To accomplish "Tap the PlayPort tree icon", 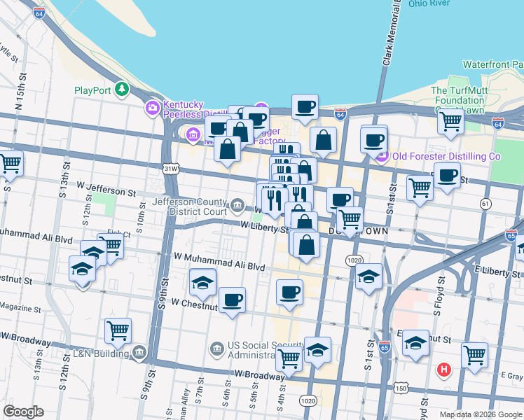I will pyautogui.click(x=123, y=89).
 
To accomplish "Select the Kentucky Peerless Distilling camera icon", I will pyautogui.click(x=152, y=107).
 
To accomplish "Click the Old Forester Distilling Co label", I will pyautogui.click(x=446, y=156).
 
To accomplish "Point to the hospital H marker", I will pyautogui.click(x=443, y=370).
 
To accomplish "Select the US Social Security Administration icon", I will pyautogui.click(x=216, y=347).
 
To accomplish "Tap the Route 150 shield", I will pyautogui.click(x=401, y=388).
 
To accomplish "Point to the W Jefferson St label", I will pyautogui.click(x=106, y=190).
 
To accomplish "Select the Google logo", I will pyautogui.click(x=23, y=412).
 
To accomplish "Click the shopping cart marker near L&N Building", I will pyautogui.click(x=118, y=330).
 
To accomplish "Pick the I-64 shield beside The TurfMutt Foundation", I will pyautogui.click(x=498, y=123).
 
